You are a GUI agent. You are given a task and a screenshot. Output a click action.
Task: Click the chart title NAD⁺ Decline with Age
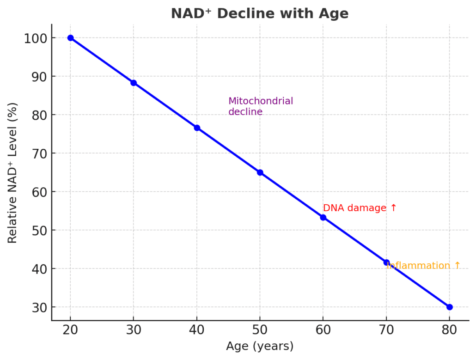[x=259, y=13]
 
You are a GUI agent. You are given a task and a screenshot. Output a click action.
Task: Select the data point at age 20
[x=70, y=38]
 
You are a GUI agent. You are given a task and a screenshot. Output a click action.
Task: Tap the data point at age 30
[x=134, y=83]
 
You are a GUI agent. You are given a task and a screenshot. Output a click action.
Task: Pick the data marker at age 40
[x=197, y=128]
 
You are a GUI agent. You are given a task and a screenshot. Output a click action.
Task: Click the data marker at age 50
[x=260, y=172]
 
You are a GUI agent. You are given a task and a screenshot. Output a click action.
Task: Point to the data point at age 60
[x=323, y=217]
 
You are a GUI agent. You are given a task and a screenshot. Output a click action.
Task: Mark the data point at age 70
[x=386, y=262]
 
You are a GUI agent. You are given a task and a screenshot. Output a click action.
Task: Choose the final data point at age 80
[x=450, y=307]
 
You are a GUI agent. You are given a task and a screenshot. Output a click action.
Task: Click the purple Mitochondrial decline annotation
[x=261, y=106]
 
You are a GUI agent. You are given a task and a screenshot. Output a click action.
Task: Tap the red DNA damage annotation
[x=360, y=208]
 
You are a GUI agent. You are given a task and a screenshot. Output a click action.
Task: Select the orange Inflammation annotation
[x=424, y=266]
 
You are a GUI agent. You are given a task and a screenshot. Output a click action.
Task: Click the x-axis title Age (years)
[x=260, y=346]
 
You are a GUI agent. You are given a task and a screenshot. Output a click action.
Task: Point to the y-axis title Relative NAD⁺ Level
[x=12, y=172]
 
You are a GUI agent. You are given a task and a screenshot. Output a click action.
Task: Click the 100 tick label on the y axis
[x=35, y=38]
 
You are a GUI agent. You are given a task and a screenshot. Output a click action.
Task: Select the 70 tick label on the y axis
[x=38, y=153]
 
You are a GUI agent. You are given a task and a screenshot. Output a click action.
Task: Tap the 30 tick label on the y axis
[x=38, y=307]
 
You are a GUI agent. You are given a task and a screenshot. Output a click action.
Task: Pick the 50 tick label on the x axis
[x=260, y=330]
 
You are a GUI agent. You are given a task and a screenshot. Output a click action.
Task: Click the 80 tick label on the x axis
[x=450, y=330]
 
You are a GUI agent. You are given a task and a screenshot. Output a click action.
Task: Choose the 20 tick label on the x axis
[x=70, y=330]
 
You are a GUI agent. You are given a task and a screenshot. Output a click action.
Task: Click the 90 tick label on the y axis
[x=38, y=76]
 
